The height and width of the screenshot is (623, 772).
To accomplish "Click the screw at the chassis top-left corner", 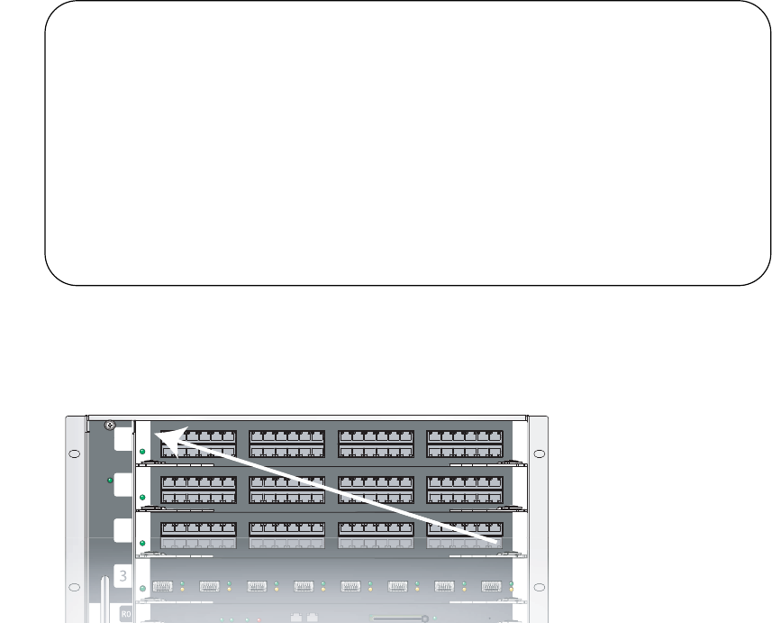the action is pyautogui.click(x=109, y=425).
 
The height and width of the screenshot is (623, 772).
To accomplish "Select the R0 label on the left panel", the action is pyautogui.click(x=127, y=613).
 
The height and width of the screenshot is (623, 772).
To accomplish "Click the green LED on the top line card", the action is pyautogui.click(x=142, y=450).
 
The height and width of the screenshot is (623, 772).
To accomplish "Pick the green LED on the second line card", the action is pyautogui.click(x=142, y=497).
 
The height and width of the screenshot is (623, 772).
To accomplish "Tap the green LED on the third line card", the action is pyautogui.click(x=142, y=543).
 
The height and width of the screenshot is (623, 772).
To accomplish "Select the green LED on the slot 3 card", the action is pyautogui.click(x=142, y=587).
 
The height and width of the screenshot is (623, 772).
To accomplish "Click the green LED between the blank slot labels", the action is pyautogui.click(x=110, y=481).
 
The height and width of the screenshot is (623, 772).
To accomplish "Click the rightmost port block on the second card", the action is pyautogui.click(x=464, y=490).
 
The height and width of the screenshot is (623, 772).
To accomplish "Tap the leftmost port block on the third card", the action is pyautogui.click(x=198, y=535).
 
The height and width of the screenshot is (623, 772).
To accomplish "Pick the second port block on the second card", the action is pyautogui.click(x=286, y=490).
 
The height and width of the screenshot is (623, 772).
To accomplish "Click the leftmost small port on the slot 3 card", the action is pyautogui.click(x=163, y=587).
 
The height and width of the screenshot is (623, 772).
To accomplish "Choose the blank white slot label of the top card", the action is pyautogui.click(x=123, y=439).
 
